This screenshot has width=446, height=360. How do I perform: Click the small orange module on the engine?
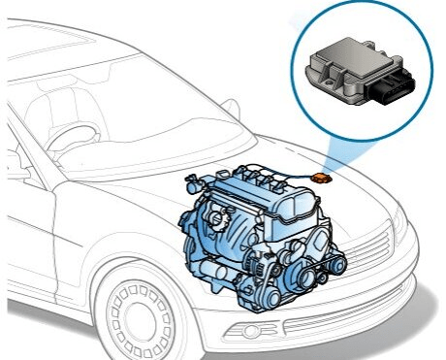point(323,178)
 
